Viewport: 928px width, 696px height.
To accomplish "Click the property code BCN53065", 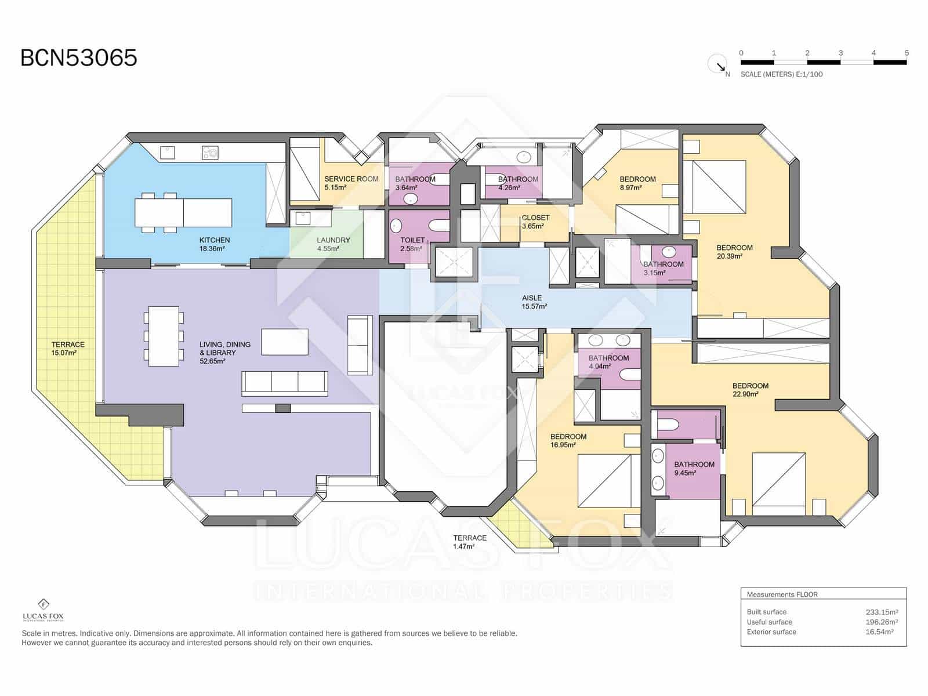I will pos(79,58).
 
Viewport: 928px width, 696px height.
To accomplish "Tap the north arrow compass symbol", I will pos(718,64).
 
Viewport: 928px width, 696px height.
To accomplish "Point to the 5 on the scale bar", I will pos(907,53).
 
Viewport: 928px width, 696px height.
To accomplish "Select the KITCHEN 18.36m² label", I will pos(214,244).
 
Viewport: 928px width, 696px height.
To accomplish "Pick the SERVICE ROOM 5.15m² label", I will pos(351,183).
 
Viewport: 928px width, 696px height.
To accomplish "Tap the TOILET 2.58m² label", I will pos(412,244).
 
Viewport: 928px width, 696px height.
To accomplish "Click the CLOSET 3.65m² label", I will pos(535,222).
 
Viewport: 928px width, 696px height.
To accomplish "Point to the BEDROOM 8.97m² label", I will pos(637,183).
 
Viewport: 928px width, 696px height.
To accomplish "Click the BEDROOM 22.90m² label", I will pos(750,390).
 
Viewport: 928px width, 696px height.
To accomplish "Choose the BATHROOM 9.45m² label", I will pos(694,468).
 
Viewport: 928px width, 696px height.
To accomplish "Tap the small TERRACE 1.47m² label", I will pos(470,542).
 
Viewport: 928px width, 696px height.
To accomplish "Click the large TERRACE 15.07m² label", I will pos(68,348).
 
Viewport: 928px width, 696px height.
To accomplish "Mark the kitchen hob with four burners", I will pos(210,153).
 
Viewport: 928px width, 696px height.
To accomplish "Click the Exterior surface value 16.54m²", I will pos(879,632).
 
